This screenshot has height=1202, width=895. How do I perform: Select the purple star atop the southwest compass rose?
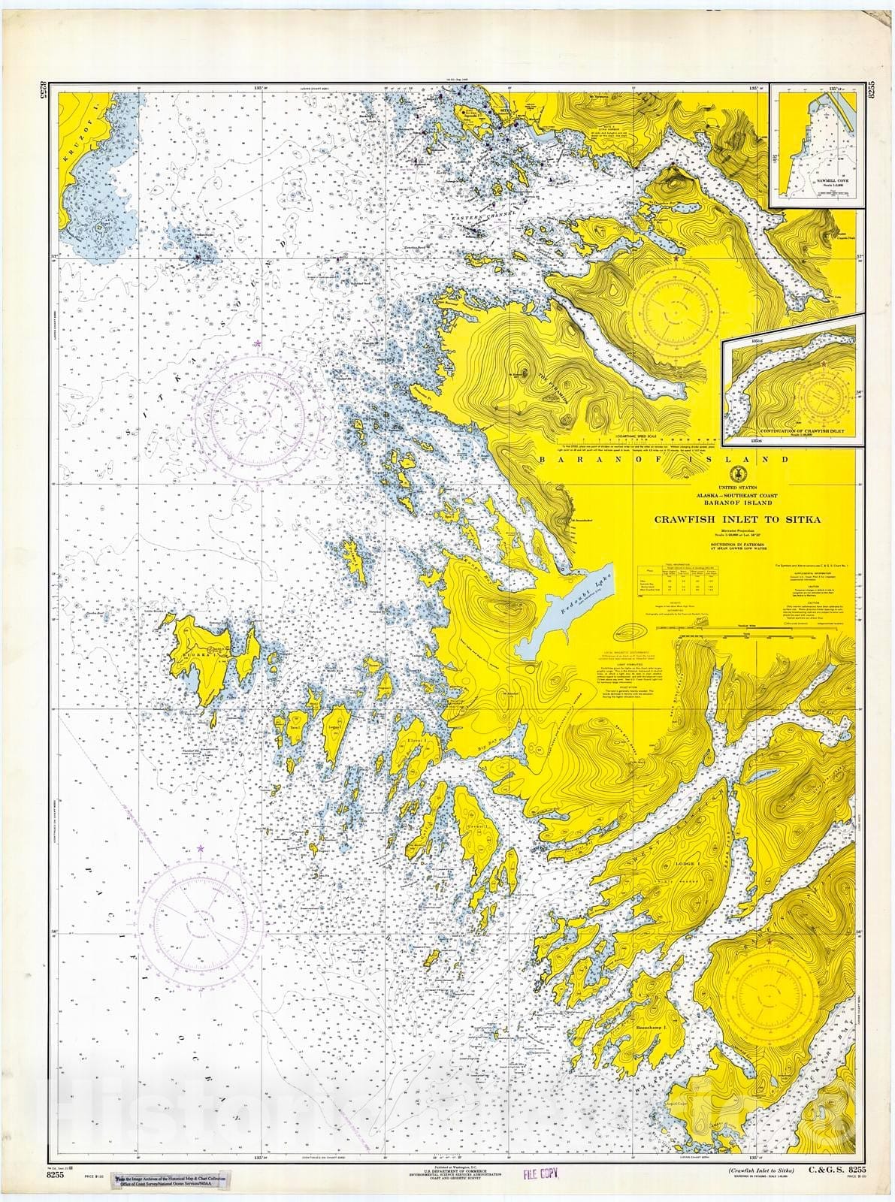pyautogui.click(x=201, y=848)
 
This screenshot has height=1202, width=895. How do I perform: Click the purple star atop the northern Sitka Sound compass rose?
pyautogui.click(x=258, y=344)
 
